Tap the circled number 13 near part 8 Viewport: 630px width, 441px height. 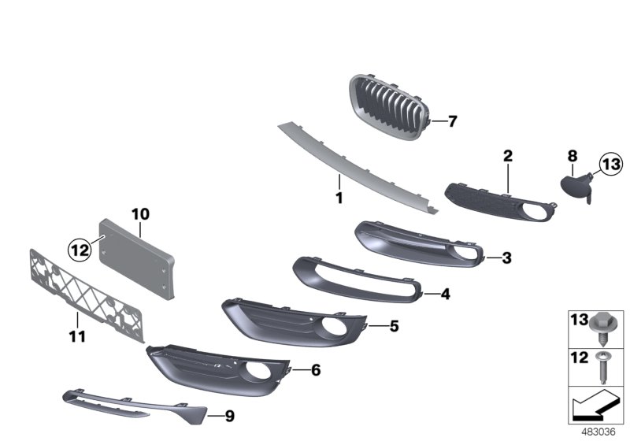(610, 165)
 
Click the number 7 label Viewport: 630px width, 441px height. (452, 122)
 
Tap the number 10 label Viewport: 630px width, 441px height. (140, 213)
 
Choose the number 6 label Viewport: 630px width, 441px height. (316, 369)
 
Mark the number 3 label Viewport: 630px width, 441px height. (506, 258)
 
